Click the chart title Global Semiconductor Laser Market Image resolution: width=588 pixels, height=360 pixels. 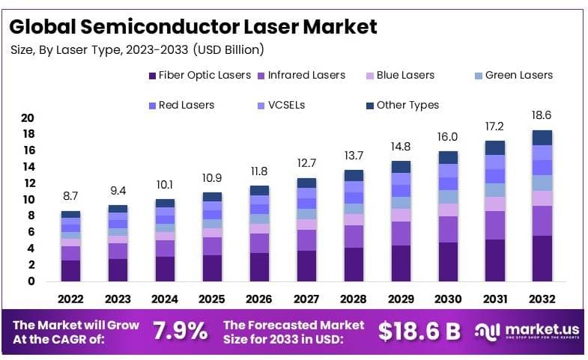(x=194, y=27)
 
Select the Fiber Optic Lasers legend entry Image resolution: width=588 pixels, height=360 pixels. (x=199, y=75)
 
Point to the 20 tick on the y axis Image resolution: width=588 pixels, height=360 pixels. (x=28, y=118)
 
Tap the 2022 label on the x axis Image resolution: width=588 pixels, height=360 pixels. (x=70, y=299)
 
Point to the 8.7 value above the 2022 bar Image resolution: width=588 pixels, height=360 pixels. (x=70, y=197)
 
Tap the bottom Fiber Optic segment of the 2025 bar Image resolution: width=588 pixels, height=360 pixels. (x=212, y=268)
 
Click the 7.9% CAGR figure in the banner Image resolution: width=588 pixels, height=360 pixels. (x=181, y=332)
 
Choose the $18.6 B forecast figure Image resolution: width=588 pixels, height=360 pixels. (x=419, y=332)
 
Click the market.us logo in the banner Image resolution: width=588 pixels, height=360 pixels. (x=527, y=332)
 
